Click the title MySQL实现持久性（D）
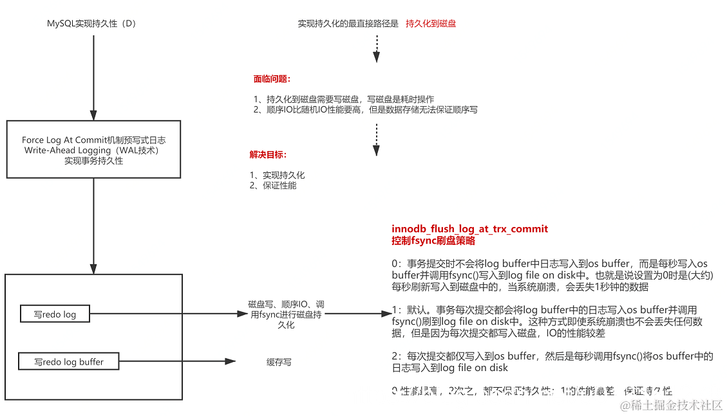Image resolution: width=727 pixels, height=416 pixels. click(x=92, y=24)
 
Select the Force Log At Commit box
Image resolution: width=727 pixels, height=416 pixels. click(x=93, y=149)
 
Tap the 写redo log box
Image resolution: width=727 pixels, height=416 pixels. click(x=55, y=314)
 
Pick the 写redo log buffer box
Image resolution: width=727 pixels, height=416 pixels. click(x=69, y=362)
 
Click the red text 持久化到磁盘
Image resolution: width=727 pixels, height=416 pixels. click(x=431, y=24)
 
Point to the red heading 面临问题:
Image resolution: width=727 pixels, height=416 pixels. click(x=272, y=80)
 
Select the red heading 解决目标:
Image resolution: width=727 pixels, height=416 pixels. click(x=268, y=155)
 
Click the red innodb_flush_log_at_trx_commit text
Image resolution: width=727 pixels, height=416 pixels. click(x=469, y=229)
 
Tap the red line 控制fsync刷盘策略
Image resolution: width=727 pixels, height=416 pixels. click(x=433, y=240)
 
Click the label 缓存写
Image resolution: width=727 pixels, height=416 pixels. click(x=279, y=362)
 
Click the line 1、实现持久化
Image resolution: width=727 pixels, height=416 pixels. click(x=277, y=175)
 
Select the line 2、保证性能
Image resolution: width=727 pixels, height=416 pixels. click(x=273, y=186)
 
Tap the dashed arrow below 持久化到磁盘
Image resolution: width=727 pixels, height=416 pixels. click(x=377, y=48)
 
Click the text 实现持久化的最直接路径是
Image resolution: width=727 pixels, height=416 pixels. click(x=348, y=24)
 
